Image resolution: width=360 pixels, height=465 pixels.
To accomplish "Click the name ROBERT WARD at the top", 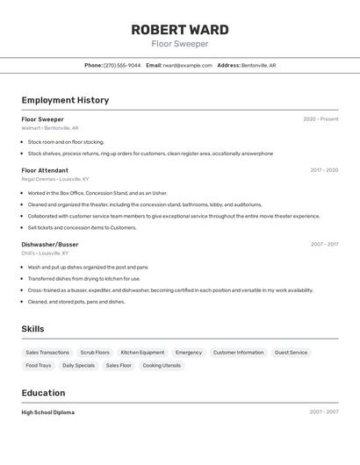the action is click(180, 29).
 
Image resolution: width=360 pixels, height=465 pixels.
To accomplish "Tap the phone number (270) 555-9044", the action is click(122, 65).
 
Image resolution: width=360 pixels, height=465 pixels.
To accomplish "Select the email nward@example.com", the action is click(187, 65).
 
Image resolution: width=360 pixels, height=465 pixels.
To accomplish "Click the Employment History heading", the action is click(65, 100).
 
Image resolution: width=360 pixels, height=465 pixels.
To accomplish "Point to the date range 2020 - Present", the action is click(320, 119).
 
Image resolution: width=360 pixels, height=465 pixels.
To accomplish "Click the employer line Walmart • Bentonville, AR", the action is click(50, 128).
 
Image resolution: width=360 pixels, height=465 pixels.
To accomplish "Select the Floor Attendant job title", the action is click(45, 170).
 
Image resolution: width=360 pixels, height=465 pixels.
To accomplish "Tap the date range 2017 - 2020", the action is click(324, 170).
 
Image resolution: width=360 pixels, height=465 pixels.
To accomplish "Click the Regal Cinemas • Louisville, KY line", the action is click(55, 179).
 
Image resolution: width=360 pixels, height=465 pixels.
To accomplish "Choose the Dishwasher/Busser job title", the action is click(50, 244).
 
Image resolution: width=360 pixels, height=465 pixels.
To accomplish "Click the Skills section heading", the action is click(33, 329).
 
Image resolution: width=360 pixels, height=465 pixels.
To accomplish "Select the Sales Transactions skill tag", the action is click(47, 353).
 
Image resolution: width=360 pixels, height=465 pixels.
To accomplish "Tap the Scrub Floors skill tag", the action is click(95, 353).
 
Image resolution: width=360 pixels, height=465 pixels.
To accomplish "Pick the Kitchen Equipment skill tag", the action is click(142, 353).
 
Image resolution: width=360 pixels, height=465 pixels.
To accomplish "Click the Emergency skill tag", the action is click(189, 353).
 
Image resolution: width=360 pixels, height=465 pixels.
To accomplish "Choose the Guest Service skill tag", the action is click(292, 353).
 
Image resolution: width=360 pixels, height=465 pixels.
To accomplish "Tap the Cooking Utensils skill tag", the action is click(162, 365).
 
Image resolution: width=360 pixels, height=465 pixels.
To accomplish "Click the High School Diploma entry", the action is click(48, 412).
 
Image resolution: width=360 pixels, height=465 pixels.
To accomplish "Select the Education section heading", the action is click(44, 393).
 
